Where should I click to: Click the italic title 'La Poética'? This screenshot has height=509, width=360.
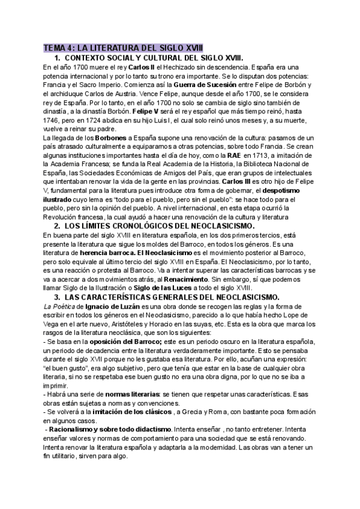click(x=57, y=306)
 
